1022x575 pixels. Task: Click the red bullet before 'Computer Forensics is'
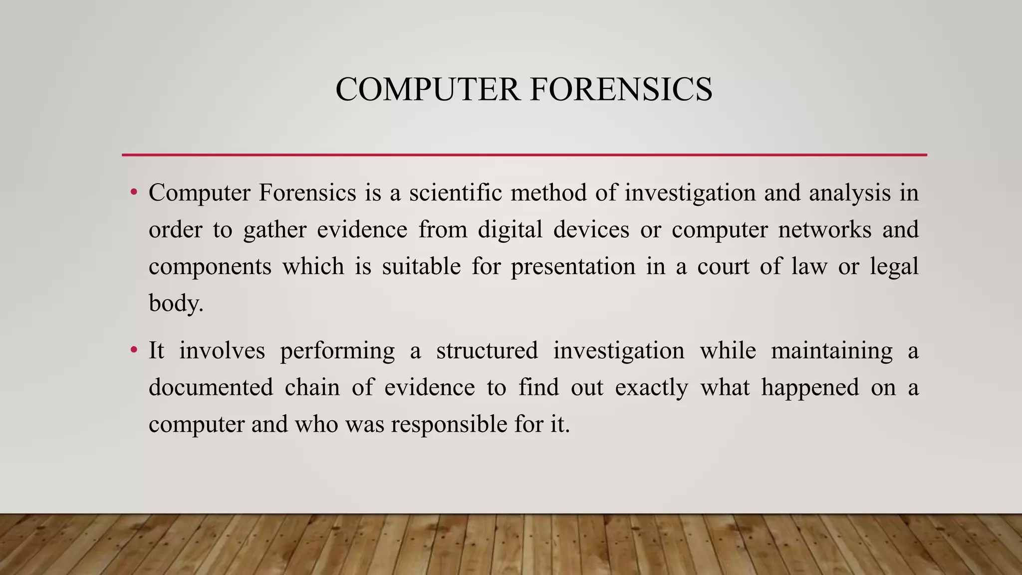coord(133,192)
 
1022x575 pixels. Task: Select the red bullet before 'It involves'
coord(133,350)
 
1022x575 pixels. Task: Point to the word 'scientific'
coord(455,193)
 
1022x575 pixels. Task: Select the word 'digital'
coord(510,230)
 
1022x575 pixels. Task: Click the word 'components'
coord(210,267)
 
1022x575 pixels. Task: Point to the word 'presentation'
coord(573,267)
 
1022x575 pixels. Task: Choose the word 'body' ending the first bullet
coord(174,303)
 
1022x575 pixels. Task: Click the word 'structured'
coord(487,350)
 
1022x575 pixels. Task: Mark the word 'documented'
coord(211,387)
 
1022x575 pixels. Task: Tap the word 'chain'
coord(312,387)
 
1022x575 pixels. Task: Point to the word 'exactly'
coord(651,388)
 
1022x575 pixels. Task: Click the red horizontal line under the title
coord(524,155)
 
